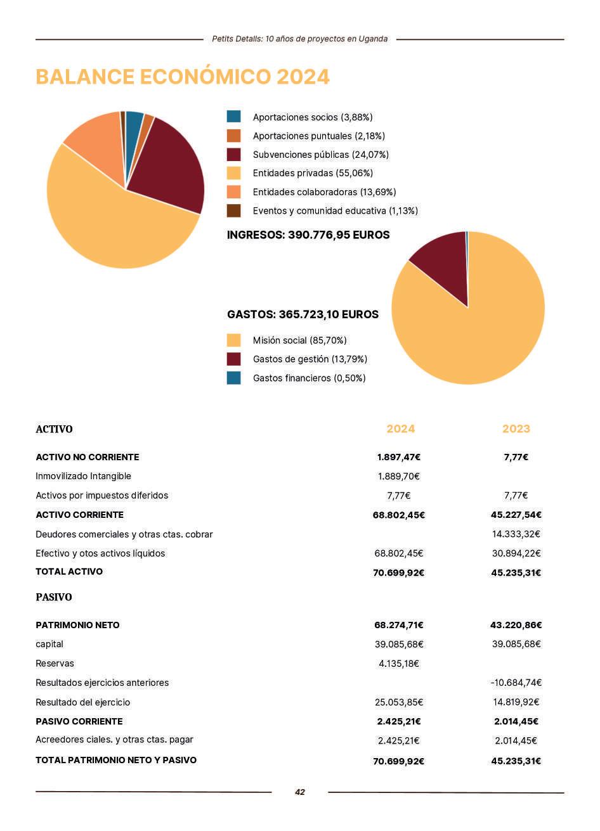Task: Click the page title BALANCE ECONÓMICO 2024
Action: point(183,77)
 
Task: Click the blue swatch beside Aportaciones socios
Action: point(234,117)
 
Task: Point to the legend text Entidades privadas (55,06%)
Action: point(313,173)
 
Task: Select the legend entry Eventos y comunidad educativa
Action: point(335,210)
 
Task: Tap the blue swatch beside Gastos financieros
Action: point(234,378)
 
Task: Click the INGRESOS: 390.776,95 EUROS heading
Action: point(308,235)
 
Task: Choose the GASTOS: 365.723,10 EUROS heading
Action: point(303,314)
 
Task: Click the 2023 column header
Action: point(516,429)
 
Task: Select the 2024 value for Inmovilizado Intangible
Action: point(399,476)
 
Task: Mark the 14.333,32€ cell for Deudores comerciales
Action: point(516,534)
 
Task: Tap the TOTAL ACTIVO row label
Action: point(69,572)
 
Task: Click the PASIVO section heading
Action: point(54,597)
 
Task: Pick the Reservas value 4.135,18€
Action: point(399,664)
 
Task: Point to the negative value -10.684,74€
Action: point(516,683)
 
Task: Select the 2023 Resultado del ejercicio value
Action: point(516,702)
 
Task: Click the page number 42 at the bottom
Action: point(300,792)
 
